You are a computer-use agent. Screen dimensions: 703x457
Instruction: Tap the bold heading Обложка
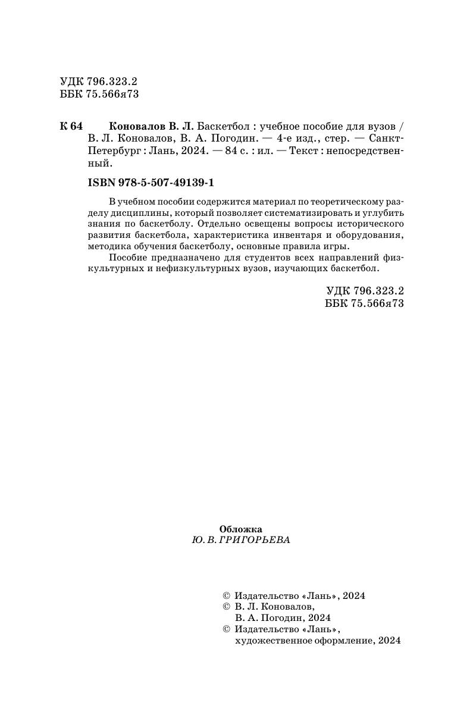tap(240, 528)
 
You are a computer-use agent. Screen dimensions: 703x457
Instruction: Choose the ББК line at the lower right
tap(365, 303)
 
